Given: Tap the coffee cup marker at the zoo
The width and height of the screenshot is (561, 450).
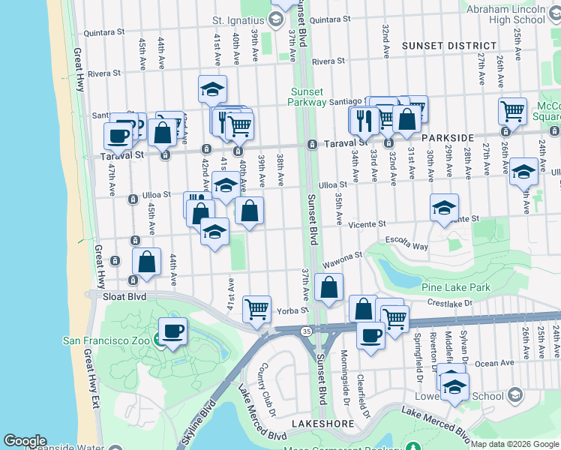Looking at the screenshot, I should pyautogui.click(x=172, y=331).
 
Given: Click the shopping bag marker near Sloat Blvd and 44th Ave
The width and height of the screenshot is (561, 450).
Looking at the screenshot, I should pyautogui.click(x=147, y=262).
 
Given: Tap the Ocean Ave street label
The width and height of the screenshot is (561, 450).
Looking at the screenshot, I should pyautogui.click(x=494, y=364).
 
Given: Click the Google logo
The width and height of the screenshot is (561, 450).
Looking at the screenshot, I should pyautogui.click(x=25, y=441).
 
